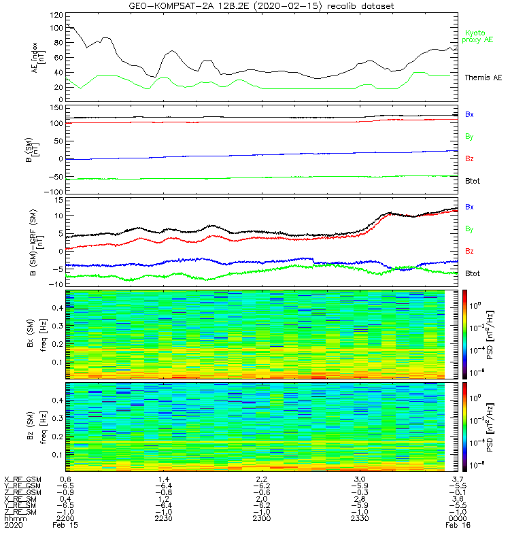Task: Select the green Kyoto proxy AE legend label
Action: (479, 37)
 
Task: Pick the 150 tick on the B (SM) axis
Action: (59, 107)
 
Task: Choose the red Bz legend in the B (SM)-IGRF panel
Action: (469, 252)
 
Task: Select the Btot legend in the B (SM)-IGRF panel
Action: (472, 273)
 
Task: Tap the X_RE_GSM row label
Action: (21, 479)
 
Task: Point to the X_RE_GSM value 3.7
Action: (458, 479)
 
